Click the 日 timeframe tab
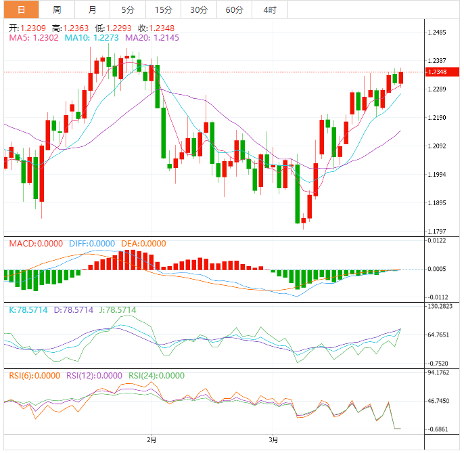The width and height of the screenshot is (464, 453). click(21, 9)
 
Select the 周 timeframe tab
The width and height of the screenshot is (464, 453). click(57, 9)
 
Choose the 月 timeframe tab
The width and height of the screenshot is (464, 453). click(92, 9)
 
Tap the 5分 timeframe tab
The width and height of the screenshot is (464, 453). click(127, 9)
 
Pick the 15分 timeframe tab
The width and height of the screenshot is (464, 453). click(163, 9)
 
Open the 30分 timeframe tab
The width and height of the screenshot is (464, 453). click(199, 9)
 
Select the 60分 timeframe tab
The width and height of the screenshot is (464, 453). click(235, 9)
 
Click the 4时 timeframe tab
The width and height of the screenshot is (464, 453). click(269, 9)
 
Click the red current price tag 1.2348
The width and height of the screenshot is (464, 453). click(439, 72)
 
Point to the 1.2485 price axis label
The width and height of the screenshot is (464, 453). click(439, 33)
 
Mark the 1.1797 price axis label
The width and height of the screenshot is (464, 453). click(439, 232)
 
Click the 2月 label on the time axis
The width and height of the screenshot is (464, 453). click(152, 440)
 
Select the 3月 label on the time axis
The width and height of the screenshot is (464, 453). click(273, 440)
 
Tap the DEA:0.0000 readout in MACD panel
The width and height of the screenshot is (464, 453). click(143, 244)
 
